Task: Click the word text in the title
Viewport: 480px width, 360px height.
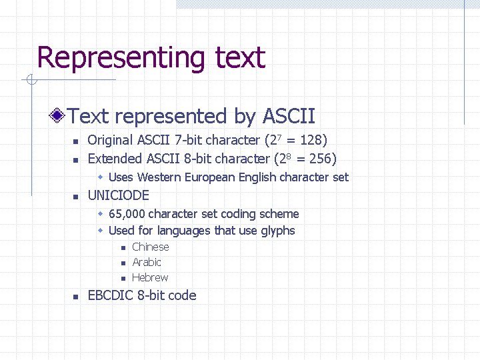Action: (240, 58)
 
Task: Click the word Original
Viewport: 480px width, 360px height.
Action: (110, 141)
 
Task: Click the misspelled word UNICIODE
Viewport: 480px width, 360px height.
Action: (119, 196)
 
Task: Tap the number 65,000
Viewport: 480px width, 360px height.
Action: (127, 214)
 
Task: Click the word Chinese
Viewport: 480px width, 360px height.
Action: (151, 247)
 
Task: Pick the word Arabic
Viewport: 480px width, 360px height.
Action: (147, 263)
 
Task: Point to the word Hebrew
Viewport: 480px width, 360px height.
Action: (150, 278)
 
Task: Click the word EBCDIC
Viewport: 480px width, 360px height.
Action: (111, 295)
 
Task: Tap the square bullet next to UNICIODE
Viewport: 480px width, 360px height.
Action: (76, 197)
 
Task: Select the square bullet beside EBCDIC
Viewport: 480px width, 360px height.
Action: (76, 296)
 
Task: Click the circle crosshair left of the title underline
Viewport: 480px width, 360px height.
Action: (30, 81)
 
